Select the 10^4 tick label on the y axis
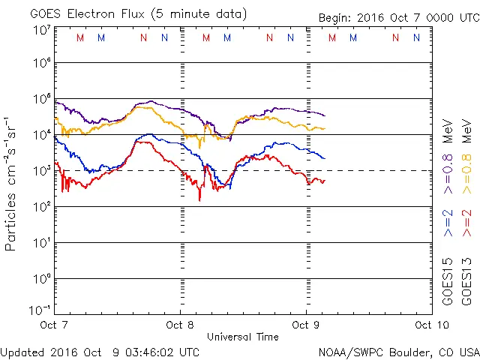[40, 134]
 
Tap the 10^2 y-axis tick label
[40, 206]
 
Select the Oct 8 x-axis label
[180, 325]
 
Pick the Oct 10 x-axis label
[430, 325]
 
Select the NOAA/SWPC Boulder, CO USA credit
[398, 351]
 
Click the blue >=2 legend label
[448, 223]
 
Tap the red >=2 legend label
[466, 223]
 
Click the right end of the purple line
[324, 115]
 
